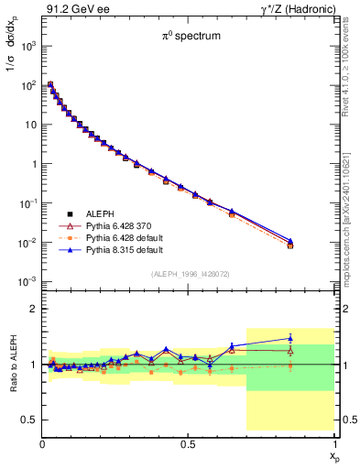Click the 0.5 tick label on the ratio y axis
point(27,420)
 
